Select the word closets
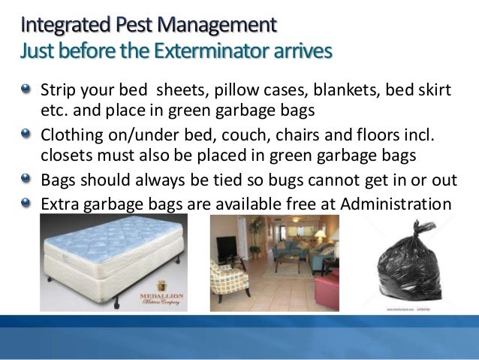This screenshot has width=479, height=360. click(65, 155)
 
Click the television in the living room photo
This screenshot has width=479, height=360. click(225, 245)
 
